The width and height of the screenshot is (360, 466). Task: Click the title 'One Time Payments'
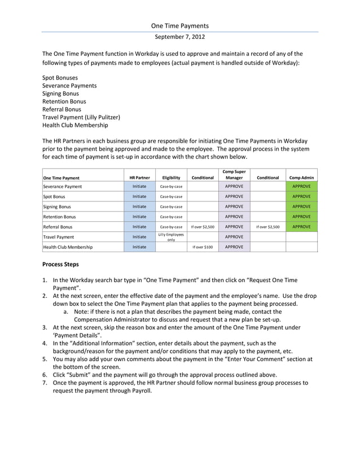[179, 25]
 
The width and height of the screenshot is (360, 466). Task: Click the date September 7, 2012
[179, 37]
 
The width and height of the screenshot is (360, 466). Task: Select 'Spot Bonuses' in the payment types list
[60, 77]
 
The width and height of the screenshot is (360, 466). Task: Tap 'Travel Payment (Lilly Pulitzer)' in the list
[82, 117]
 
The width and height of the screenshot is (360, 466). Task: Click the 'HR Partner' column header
[139, 178]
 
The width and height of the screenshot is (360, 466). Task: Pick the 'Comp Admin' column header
[301, 178]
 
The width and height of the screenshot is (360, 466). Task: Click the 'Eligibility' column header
[171, 178]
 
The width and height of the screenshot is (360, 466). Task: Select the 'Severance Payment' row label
[63, 186]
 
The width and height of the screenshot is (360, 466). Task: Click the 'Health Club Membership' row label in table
[68, 247]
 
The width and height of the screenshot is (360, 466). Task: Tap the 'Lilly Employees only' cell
[171, 237]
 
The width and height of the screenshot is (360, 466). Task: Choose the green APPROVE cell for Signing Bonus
[301, 206]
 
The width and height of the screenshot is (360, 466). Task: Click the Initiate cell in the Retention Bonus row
[139, 217]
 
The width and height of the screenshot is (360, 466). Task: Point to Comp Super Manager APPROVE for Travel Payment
[234, 237]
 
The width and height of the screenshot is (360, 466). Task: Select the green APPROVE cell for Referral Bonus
[301, 227]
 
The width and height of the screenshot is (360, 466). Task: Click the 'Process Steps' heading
[61, 264]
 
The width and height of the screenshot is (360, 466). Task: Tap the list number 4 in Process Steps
[45, 342]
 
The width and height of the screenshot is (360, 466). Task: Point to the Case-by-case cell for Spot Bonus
[171, 196]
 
